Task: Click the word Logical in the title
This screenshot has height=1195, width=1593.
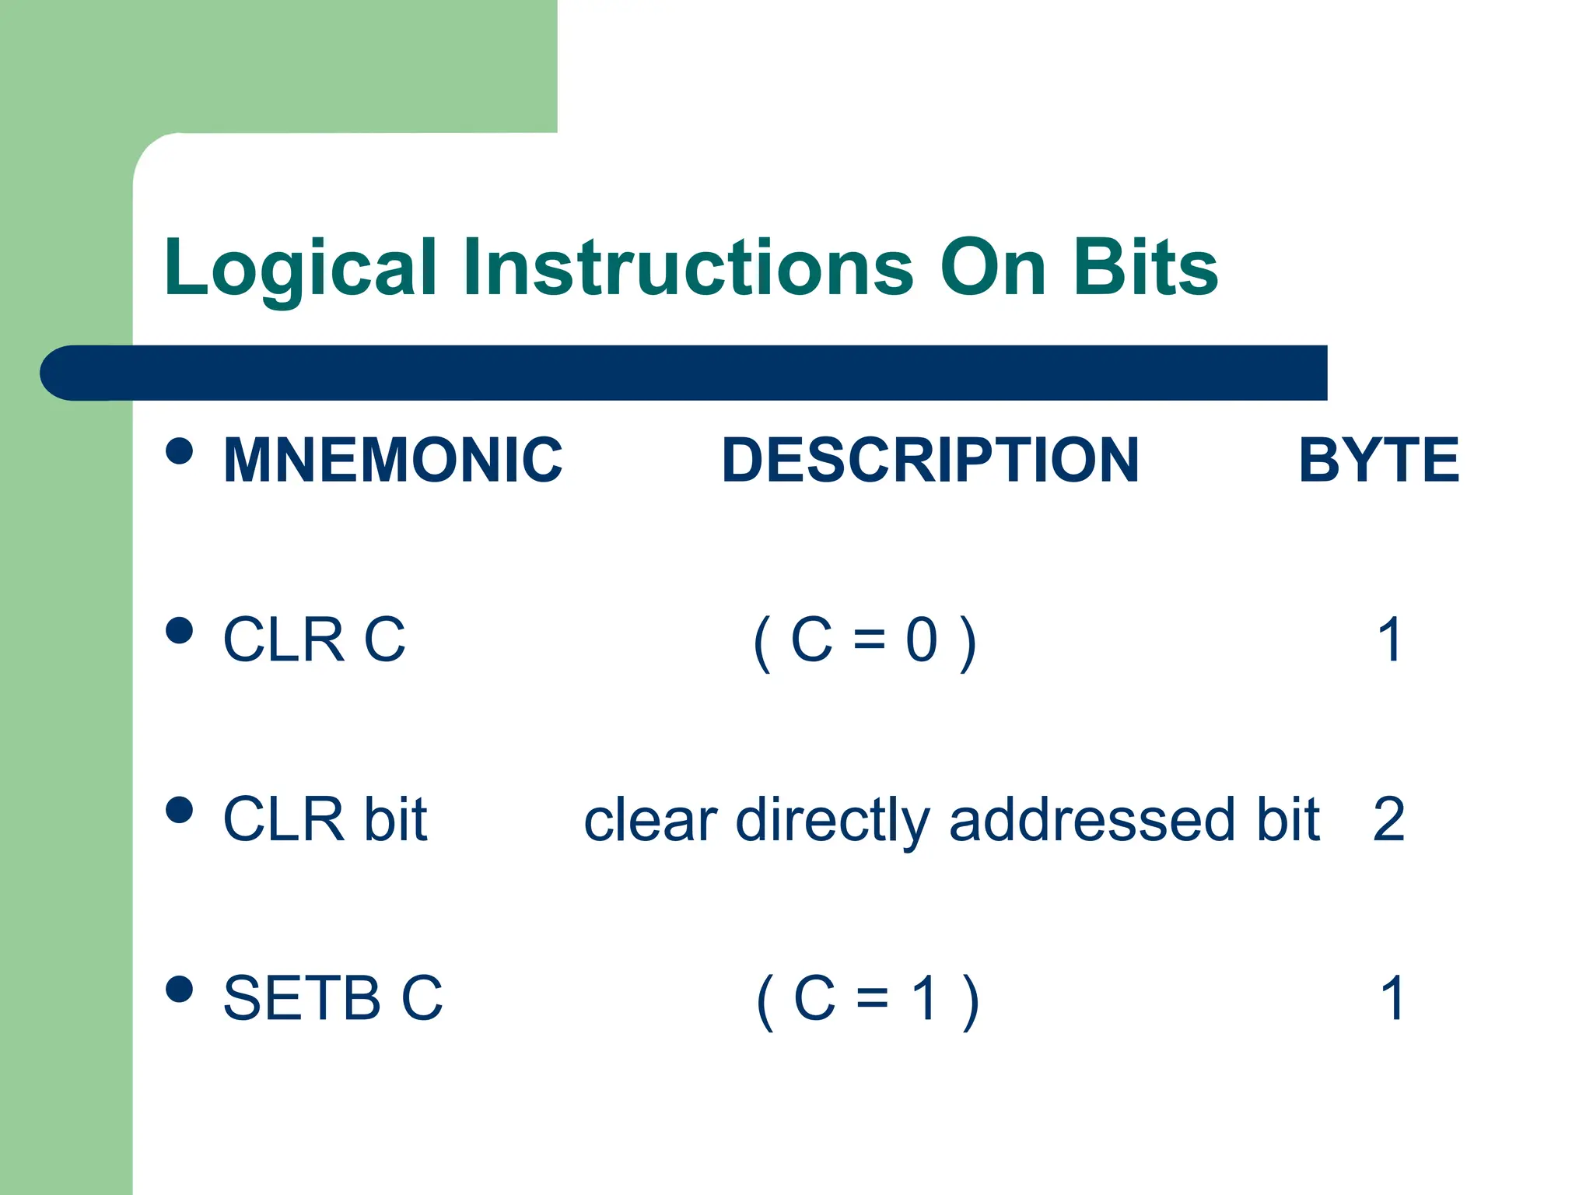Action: tap(300, 268)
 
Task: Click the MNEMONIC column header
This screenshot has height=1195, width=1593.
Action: tap(393, 461)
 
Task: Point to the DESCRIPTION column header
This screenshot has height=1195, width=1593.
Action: tap(930, 461)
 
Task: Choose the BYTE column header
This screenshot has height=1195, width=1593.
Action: tap(1378, 461)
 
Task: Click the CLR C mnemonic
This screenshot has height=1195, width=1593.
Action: tap(314, 640)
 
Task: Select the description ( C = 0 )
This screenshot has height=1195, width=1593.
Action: tap(865, 642)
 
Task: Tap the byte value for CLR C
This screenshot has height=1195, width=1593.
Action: tap(1390, 640)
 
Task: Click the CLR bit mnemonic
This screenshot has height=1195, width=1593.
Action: tap(325, 820)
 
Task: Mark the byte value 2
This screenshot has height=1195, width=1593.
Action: tap(1389, 820)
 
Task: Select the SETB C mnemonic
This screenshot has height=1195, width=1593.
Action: tap(333, 999)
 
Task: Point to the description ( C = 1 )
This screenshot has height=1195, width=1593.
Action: tap(867, 1001)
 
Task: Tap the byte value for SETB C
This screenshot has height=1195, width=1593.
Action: tap(1392, 999)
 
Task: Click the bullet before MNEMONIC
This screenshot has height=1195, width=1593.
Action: tap(180, 450)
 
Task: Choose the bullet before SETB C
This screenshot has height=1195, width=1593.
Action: tap(180, 990)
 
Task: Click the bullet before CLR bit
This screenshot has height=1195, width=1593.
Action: tap(180, 810)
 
